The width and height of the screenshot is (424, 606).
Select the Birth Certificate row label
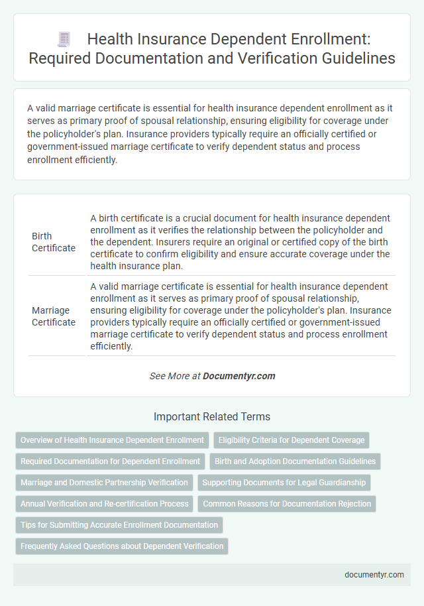point(54,242)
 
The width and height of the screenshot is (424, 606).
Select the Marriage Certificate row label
point(54,316)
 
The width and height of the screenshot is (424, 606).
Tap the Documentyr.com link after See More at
point(238,376)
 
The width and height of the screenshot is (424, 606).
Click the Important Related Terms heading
point(212,417)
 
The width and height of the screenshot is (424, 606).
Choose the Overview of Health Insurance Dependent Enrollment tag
point(112,440)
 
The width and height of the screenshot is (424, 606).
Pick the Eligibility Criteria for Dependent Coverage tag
point(291,440)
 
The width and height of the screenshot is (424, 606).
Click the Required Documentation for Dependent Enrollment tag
point(110,461)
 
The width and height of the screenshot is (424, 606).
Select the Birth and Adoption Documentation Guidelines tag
point(295,461)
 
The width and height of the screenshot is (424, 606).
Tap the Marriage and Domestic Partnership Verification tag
point(103,483)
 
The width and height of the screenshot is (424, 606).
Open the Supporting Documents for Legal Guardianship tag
point(285,483)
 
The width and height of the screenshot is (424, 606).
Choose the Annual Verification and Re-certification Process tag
point(104,504)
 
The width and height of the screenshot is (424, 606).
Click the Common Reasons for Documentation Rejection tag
point(286,504)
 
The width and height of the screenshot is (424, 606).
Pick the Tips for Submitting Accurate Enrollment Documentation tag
point(119,525)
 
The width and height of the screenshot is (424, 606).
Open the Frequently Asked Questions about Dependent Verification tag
point(122,546)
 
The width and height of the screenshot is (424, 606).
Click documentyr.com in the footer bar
point(374,575)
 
